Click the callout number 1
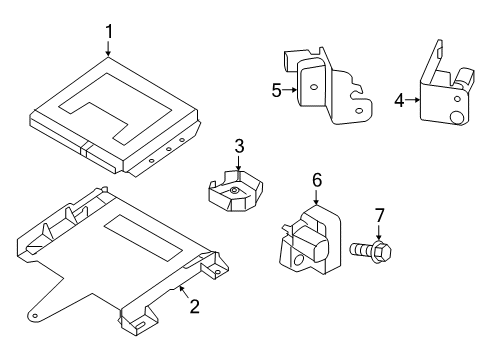coord(109,32)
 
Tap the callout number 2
coord(194,306)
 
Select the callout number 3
coord(239,146)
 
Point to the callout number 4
coord(399,100)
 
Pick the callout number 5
coord(277,90)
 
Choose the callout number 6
coord(317,180)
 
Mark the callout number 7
coord(380,215)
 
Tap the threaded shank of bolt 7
coord(362,249)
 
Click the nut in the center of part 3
coord(234,191)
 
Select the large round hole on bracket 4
coord(455,117)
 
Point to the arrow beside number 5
coord(289,89)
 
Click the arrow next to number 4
coord(413,99)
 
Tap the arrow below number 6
coord(316,197)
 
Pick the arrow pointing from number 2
coord(184,291)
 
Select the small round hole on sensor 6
coord(298,260)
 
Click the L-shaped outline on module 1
coord(115,109)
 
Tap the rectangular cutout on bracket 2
coord(143,238)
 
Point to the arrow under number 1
coord(108,48)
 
